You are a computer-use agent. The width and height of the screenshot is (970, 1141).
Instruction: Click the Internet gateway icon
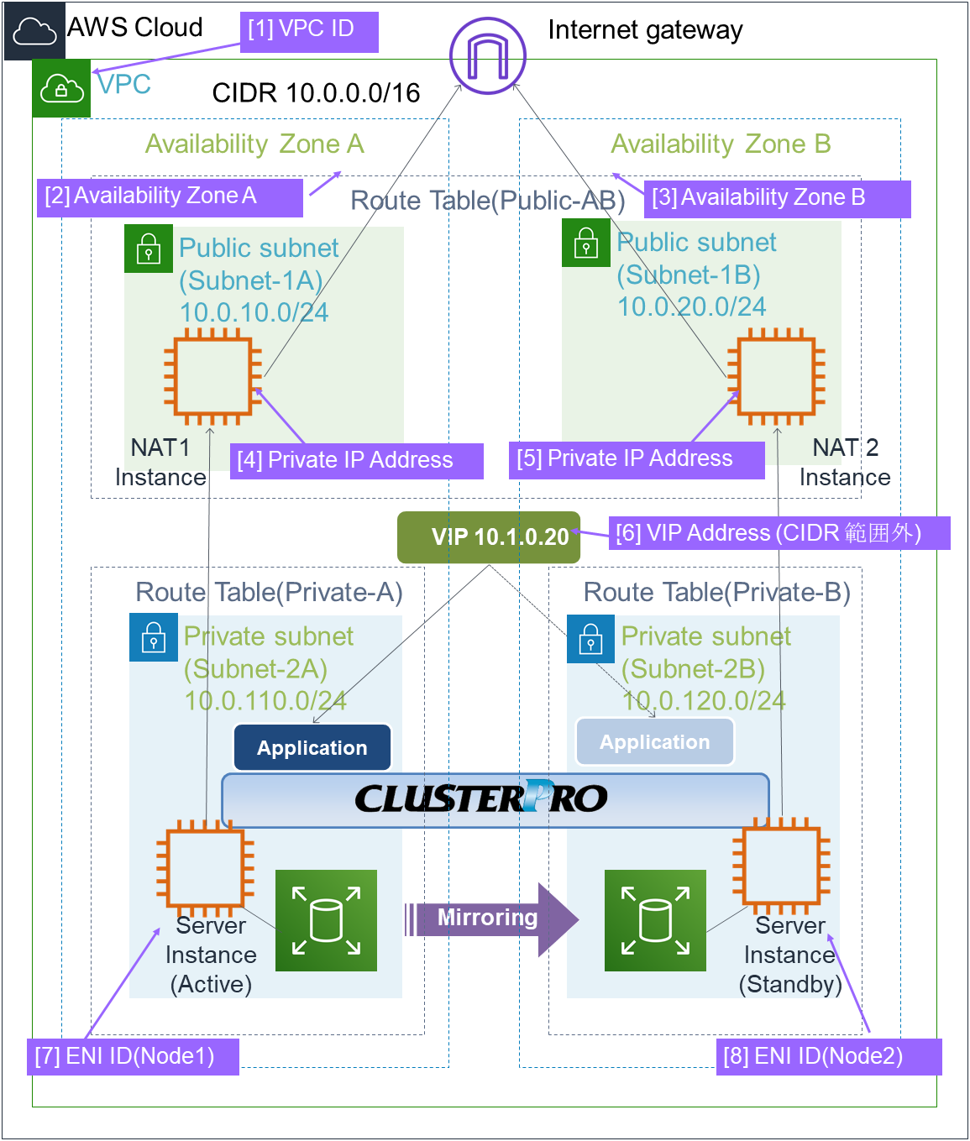[487, 56]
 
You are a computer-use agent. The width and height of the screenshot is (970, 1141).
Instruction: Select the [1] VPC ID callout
[309, 32]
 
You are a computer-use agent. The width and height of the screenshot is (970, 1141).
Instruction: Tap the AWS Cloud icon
[34, 31]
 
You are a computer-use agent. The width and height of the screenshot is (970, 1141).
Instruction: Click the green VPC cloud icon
[61, 87]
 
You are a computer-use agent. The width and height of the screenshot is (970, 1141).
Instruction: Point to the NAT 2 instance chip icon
[777, 375]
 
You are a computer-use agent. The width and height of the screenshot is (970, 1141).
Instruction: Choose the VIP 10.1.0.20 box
[489, 537]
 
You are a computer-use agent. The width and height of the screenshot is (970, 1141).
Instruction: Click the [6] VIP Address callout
[779, 533]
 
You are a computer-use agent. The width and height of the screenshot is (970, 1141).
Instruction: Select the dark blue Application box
[312, 747]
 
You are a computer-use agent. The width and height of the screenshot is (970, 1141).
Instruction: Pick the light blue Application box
[654, 742]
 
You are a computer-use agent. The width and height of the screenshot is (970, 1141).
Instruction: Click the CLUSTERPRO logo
[481, 798]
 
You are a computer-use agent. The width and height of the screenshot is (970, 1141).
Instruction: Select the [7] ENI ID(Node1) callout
[133, 1056]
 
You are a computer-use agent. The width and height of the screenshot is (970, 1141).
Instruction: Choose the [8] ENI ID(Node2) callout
[828, 1056]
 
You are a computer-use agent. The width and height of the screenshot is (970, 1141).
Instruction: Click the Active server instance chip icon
[206, 867]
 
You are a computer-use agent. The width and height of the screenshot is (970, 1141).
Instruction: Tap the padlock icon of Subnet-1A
[149, 249]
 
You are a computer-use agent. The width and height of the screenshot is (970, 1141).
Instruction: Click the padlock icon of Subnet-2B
[590, 640]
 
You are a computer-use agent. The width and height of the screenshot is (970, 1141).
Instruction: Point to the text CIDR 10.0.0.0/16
[316, 93]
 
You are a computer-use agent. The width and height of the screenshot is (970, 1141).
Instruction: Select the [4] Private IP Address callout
[356, 461]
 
